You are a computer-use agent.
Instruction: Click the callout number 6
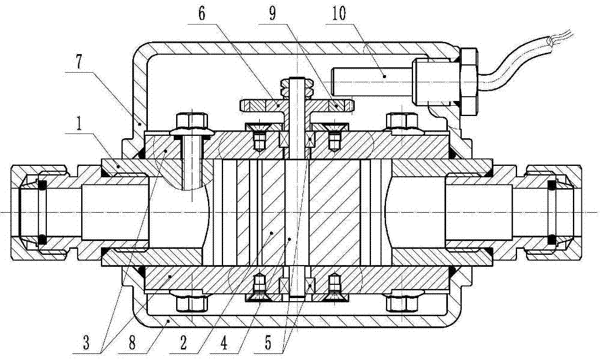(201, 14)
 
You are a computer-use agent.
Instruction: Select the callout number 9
(272, 14)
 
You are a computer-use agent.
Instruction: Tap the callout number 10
(338, 14)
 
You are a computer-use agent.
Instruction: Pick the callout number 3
(86, 343)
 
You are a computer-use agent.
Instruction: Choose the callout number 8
(132, 343)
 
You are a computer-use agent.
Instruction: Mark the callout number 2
(183, 343)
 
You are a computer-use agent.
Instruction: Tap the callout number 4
(224, 343)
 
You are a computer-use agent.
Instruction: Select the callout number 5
(268, 343)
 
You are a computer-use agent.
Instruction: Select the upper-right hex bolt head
(402, 121)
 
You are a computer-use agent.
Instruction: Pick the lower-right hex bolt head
(402, 304)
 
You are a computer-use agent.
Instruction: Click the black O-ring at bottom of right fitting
(551, 239)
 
